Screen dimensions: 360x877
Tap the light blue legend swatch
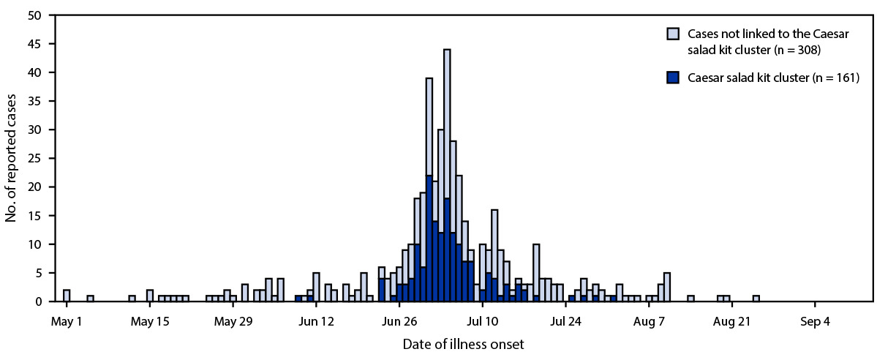click(673, 33)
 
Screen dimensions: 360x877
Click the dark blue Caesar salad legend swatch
click(673, 76)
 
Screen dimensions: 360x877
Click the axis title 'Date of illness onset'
click(463, 342)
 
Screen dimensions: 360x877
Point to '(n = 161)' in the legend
click(830, 76)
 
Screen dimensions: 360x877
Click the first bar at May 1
click(67, 296)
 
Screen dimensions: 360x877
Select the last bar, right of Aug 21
click(756, 299)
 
